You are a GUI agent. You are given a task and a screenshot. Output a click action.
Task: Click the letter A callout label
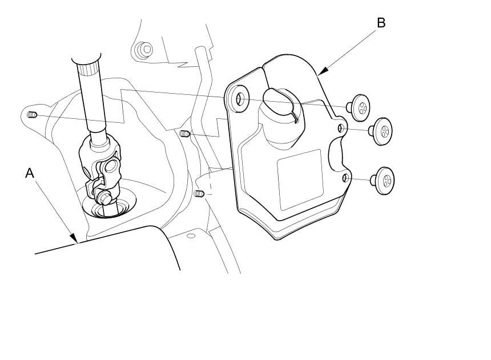click(x=30, y=173)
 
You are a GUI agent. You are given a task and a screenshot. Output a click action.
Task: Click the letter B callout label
click(x=381, y=23)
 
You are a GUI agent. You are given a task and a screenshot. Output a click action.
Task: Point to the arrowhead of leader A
click(x=74, y=238)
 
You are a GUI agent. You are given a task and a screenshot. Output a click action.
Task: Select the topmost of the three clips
click(x=359, y=107)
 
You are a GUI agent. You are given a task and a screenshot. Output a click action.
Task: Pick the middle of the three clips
click(x=381, y=131)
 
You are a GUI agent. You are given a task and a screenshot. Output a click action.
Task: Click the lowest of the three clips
click(x=383, y=181)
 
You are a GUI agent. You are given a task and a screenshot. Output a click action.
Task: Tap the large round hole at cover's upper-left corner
click(x=240, y=99)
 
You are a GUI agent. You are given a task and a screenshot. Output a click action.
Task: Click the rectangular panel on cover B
click(x=300, y=179)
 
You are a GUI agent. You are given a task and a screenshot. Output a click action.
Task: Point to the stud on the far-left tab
click(x=33, y=115)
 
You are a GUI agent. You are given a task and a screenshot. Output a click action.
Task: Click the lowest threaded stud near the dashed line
click(x=199, y=194)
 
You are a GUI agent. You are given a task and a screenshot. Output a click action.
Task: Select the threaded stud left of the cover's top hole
click(x=185, y=134)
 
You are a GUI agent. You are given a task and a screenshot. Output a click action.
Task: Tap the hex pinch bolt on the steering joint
click(x=103, y=198)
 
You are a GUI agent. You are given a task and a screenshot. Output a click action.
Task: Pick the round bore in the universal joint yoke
click(x=111, y=167)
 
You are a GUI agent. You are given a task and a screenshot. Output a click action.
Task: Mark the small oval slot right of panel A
click(x=191, y=235)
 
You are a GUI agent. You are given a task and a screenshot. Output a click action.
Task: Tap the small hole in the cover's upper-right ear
click(x=341, y=128)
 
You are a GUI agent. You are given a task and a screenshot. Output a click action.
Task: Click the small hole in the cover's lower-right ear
click(x=345, y=178)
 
